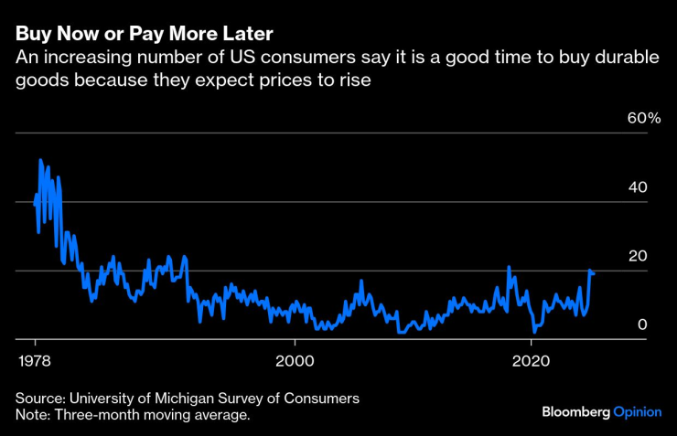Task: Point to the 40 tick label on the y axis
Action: click(638, 186)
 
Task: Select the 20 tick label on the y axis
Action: click(638, 255)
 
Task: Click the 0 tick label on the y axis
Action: click(642, 324)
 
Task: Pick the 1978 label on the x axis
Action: click(35, 359)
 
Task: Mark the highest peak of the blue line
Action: click(39, 160)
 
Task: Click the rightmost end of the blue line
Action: click(594, 272)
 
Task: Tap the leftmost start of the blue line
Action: click(35, 205)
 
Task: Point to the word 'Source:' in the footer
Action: click(39, 399)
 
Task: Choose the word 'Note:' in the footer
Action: click(33, 416)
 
